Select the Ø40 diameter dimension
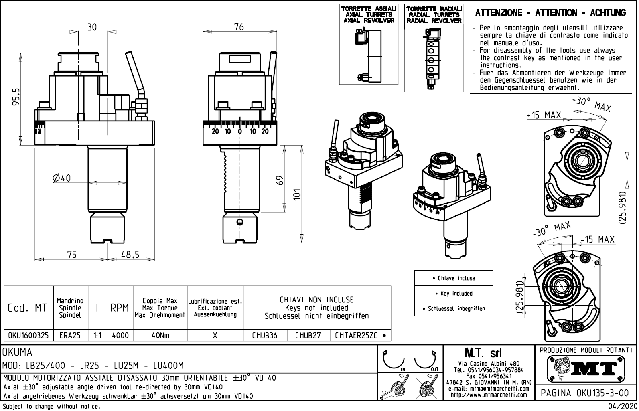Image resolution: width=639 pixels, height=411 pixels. pos(61,178)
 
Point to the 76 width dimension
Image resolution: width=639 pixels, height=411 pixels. pos(239,27)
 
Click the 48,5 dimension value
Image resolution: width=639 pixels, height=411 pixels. pos(130,255)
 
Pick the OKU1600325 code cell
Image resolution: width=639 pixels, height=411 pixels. pos(28,335)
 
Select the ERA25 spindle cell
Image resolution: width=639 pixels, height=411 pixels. pos(70,335)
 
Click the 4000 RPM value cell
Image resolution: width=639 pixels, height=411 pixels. pos(120,335)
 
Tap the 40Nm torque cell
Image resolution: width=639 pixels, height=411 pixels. pos(160,335)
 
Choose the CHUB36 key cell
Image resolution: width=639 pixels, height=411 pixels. pos(265,335)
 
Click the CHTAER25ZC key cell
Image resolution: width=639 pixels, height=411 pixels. pos(356,335)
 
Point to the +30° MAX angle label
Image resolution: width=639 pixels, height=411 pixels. pos(591,104)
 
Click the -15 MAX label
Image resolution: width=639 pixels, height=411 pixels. pos(598,239)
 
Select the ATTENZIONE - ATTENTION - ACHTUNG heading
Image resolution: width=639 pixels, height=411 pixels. pos(550,13)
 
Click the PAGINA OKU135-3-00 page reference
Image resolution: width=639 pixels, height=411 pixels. pos(585,393)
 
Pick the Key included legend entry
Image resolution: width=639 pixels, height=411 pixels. pos(454,294)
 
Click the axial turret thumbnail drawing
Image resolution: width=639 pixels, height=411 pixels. pos(368,54)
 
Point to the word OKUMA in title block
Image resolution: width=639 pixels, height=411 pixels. pos(18,352)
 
